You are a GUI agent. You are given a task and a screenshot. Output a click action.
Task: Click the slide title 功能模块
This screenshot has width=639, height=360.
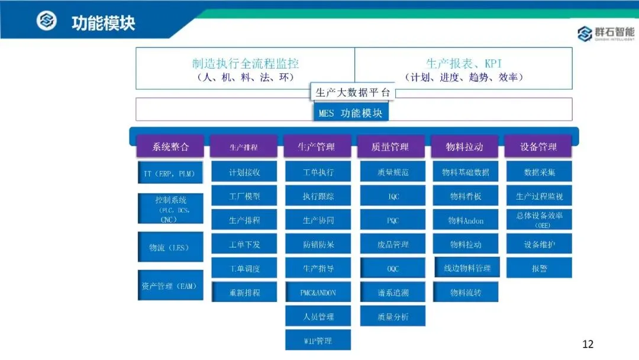pos(103,23)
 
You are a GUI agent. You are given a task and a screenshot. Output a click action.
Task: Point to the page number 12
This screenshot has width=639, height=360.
pos(588,344)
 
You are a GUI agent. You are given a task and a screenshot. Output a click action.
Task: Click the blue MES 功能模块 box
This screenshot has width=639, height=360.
pos(350,113)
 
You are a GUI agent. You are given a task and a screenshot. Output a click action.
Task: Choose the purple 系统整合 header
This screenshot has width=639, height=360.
pos(170,147)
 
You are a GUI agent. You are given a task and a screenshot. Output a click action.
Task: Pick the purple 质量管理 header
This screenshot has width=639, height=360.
pos(390,147)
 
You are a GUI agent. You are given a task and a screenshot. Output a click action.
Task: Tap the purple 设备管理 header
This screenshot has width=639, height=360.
pos(538,147)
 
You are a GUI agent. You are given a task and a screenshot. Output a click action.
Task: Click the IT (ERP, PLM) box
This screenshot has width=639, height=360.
pos(170,174)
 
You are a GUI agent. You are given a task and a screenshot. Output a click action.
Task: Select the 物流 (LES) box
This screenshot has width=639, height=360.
pos(170,247)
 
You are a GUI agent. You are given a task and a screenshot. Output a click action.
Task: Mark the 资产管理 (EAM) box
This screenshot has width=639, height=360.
pos(170,286)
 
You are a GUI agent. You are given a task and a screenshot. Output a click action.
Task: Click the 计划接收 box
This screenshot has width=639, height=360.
pos(244,172)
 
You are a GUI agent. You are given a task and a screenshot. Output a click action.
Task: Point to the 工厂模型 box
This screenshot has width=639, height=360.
pos(244,196)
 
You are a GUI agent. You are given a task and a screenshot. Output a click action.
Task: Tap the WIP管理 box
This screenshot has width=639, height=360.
pos(318,340)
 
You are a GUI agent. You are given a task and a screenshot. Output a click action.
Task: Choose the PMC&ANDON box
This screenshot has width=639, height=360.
pos(318,292)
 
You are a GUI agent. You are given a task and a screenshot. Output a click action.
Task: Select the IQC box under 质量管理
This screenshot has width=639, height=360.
pos(393,196)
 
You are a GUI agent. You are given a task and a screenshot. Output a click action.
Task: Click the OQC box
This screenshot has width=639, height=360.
pos(393,268)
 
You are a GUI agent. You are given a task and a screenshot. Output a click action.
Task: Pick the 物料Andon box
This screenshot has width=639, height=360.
pos(466,220)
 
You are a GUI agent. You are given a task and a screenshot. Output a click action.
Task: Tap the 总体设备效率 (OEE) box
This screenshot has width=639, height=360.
pos(539,219)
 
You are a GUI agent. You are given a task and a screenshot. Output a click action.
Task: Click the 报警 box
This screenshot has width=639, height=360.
pos(539,268)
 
